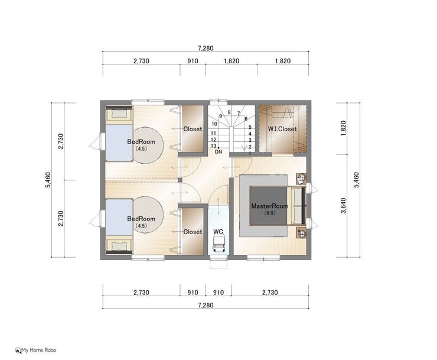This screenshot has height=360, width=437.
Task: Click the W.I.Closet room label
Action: tap(282, 129)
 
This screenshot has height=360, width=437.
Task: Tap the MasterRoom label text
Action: tap(269, 206)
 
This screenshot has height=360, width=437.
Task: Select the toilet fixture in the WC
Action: tap(218, 244)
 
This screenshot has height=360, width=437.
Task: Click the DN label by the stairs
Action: tap(218, 152)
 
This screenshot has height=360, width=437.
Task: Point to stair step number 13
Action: tap(214, 146)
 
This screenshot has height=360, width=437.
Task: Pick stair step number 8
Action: tap(229, 112)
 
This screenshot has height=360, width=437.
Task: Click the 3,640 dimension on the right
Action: tap(343, 205)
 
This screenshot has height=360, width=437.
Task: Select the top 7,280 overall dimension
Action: tap(206, 48)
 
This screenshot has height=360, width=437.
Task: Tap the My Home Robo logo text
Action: tap(39, 350)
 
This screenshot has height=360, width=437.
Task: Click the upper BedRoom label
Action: tap(141, 141)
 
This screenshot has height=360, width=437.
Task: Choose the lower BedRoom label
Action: tap(141, 219)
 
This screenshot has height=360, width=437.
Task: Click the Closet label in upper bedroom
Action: tap(193, 129)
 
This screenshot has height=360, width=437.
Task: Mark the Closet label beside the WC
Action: tap(193, 232)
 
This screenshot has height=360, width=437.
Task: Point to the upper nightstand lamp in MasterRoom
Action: tap(301, 178)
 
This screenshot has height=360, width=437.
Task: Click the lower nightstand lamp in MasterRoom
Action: tap(301, 233)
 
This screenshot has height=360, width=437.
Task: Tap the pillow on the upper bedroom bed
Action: tap(119, 113)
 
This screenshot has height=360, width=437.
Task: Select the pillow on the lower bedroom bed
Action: tap(119, 246)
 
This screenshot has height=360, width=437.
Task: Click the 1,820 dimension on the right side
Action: tap(343, 128)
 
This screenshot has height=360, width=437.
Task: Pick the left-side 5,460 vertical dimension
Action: tap(48, 180)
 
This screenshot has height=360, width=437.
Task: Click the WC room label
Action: tap(218, 232)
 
